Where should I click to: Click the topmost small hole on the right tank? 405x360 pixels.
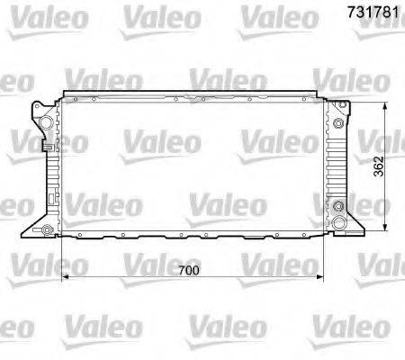[337, 110]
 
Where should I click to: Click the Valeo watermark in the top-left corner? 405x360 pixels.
[33, 15]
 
